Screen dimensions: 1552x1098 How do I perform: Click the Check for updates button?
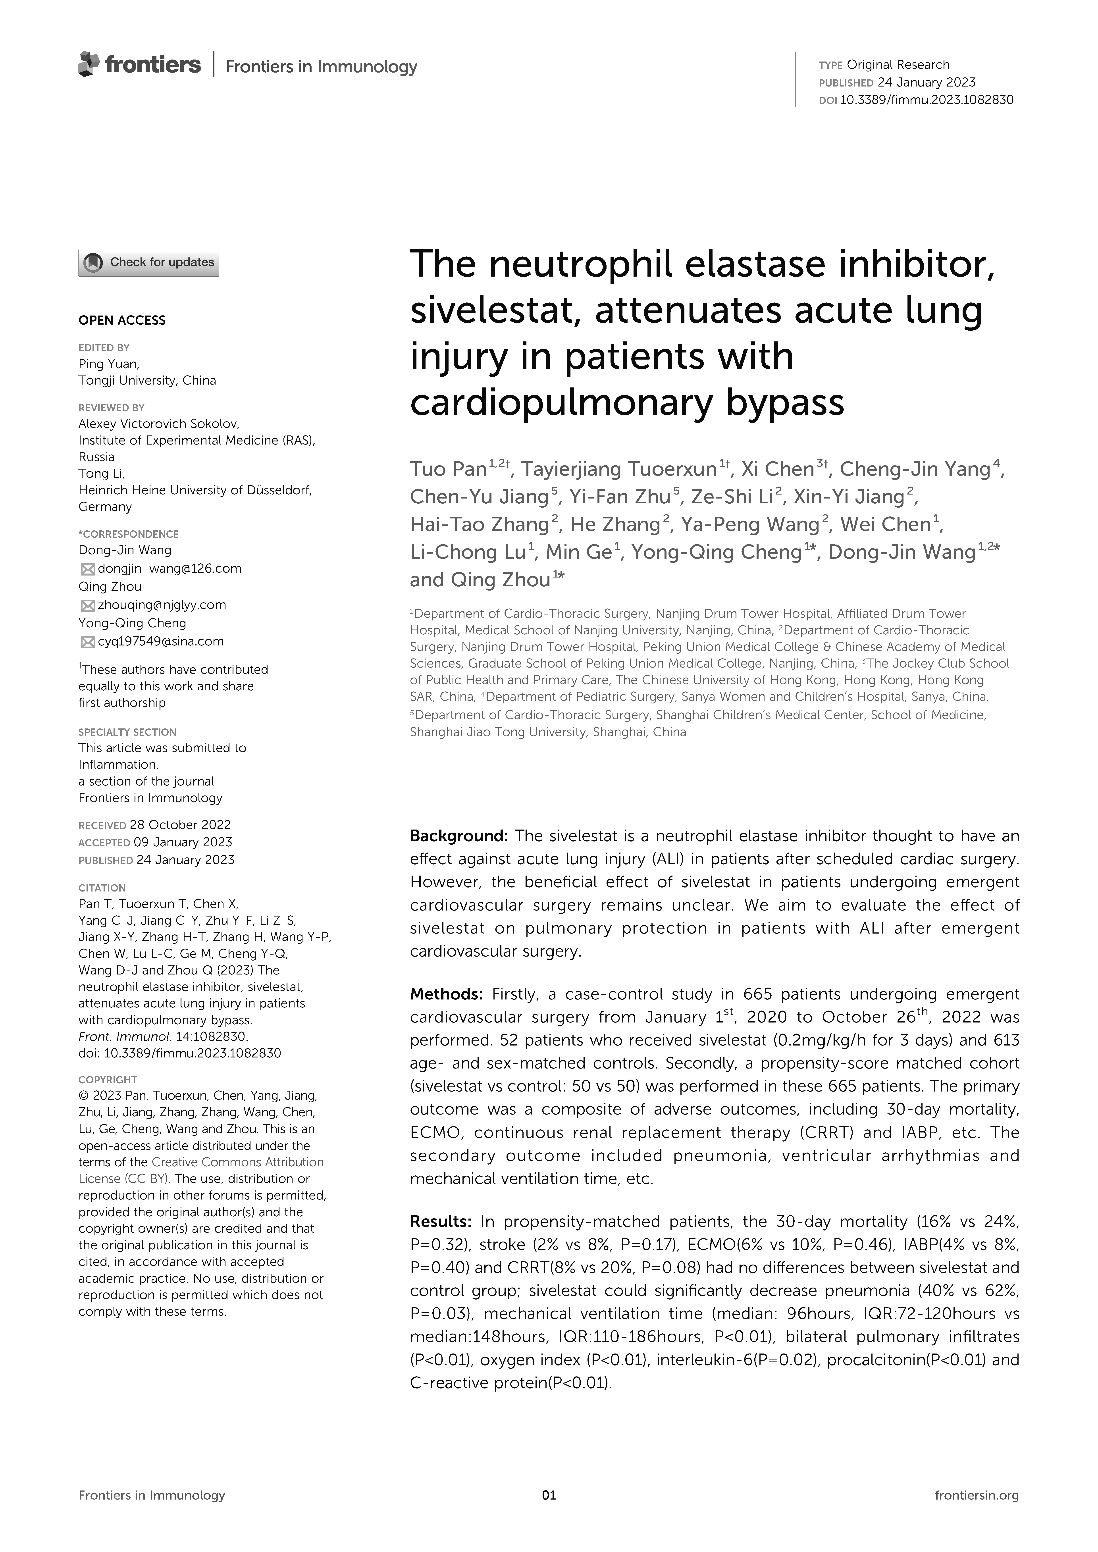coord(149,262)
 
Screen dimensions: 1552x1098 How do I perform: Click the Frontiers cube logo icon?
coord(89,64)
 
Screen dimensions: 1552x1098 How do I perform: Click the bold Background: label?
coord(458,836)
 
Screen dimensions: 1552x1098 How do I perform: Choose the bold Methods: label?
coord(446,994)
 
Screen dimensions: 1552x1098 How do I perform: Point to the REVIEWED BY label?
coord(112,408)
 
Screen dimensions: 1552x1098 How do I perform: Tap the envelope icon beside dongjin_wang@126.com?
coord(87,569)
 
